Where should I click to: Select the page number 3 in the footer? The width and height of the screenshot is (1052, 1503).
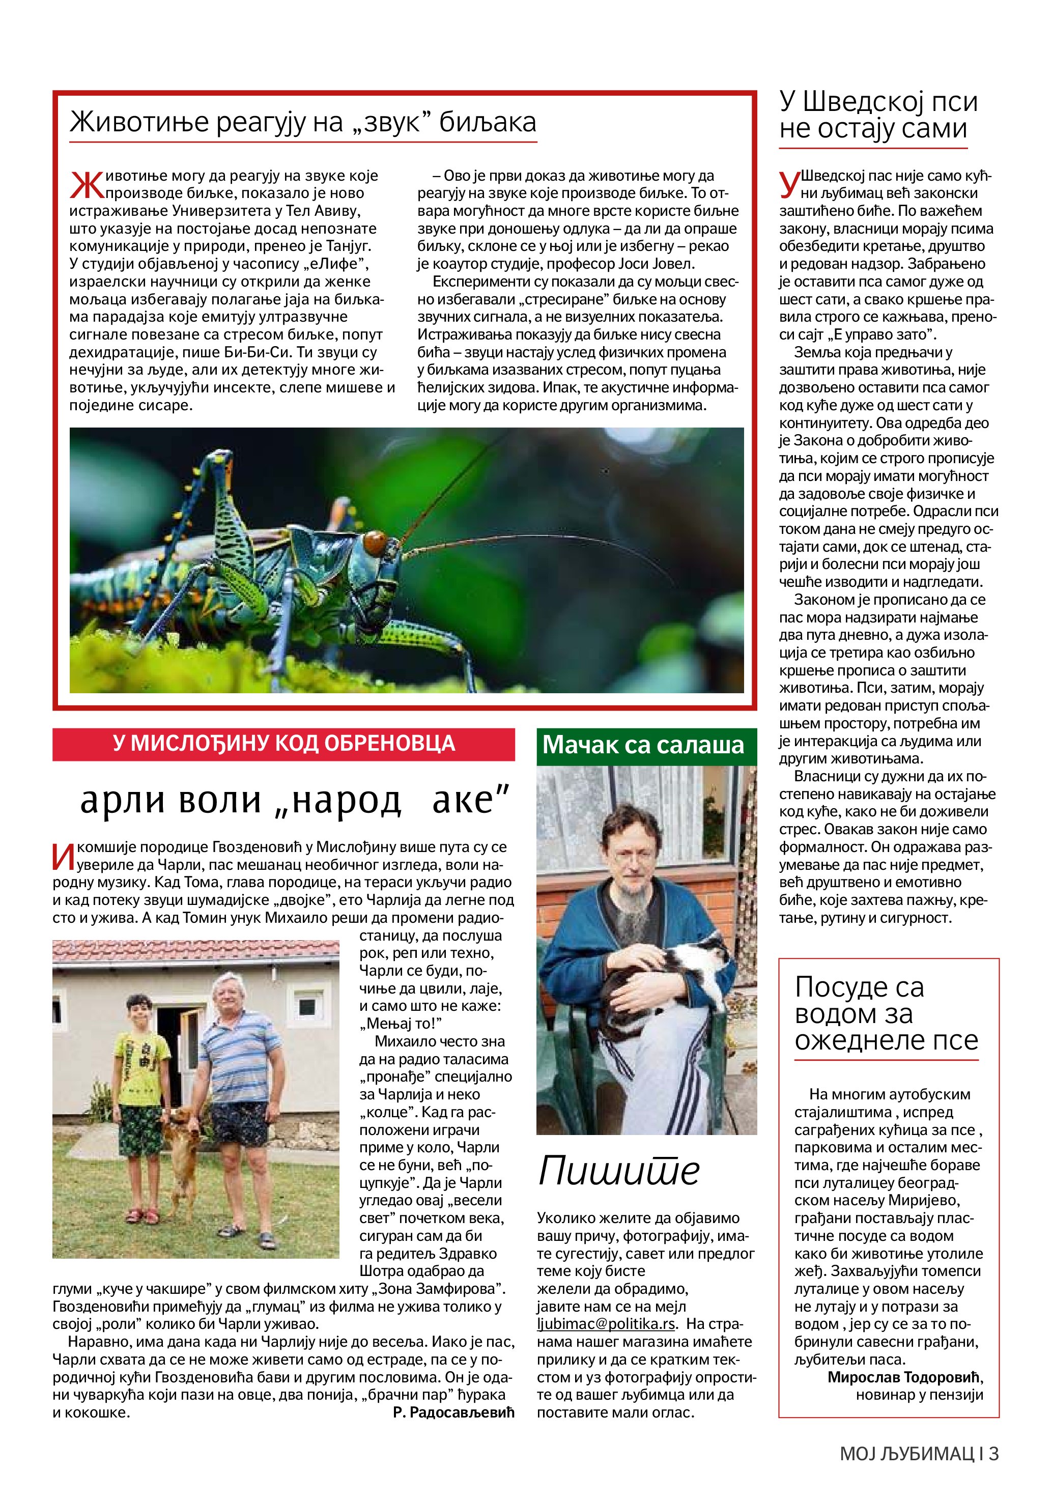click(x=994, y=1454)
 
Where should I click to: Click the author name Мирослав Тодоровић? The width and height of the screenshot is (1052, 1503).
click(x=905, y=1377)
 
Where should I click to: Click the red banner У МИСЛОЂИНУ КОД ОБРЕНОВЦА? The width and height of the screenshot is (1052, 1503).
click(x=283, y=744)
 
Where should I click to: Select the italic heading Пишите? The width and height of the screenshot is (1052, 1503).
click(x=619, y=1171)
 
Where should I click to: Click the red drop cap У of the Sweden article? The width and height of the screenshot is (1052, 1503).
click(x=789, y=183)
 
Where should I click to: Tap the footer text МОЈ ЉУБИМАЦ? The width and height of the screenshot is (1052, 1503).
click(x=906, y=1454)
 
